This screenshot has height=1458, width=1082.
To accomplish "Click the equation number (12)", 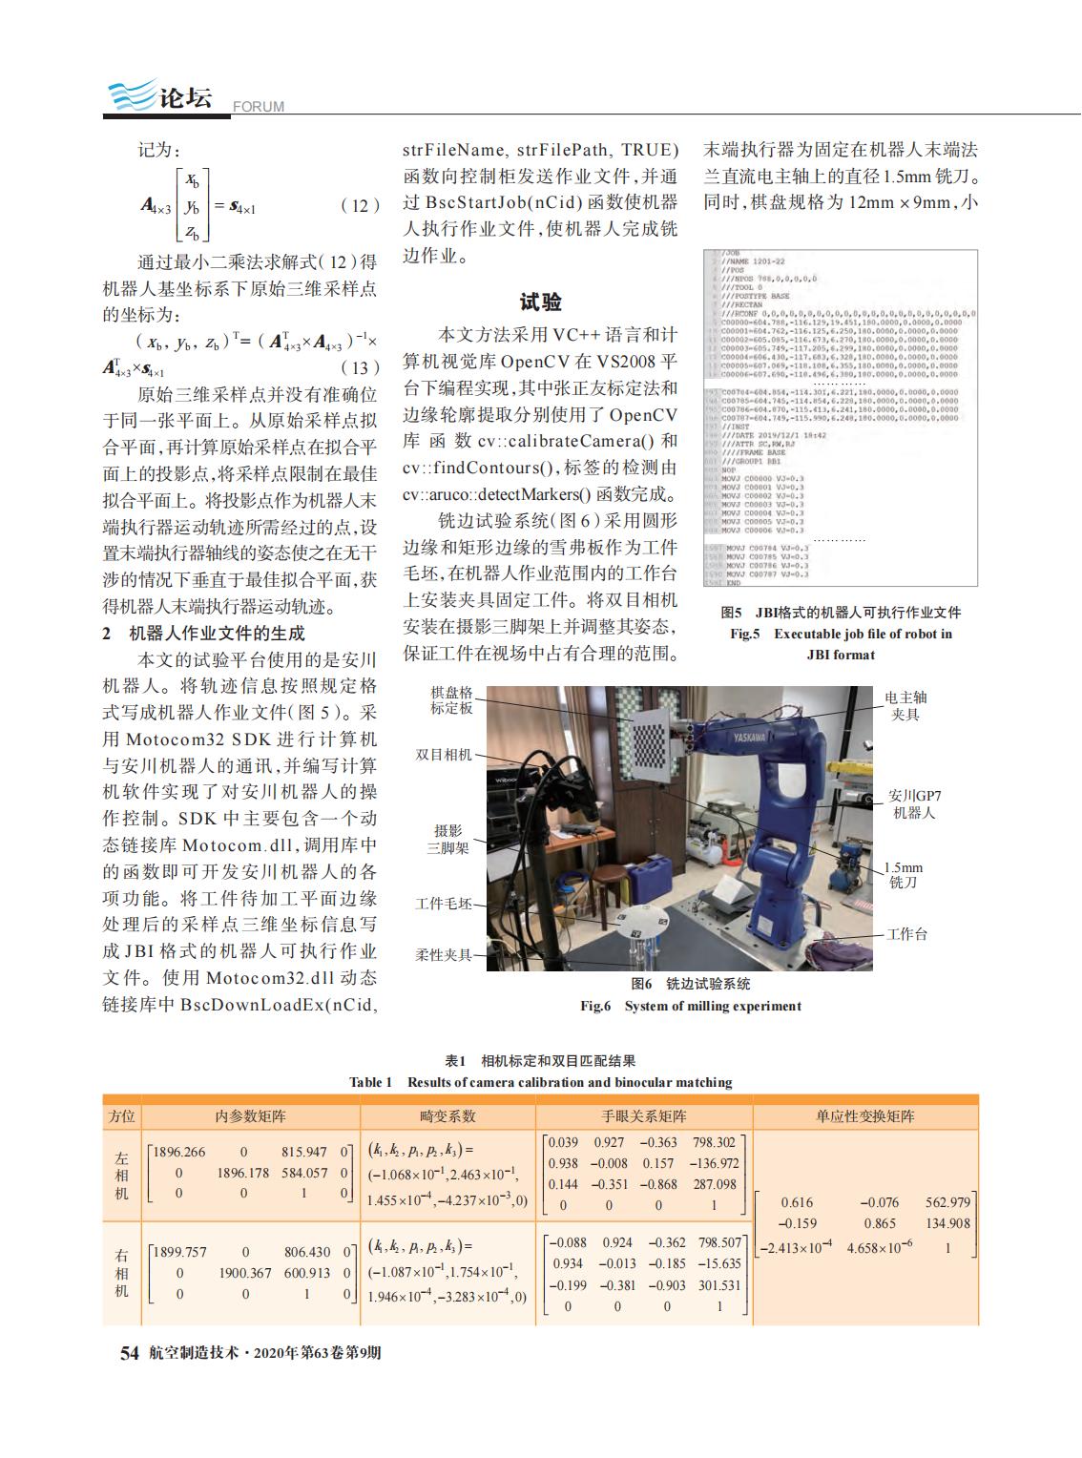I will click(360, 205).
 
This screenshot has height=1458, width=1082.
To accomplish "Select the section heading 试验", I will click(540, 302).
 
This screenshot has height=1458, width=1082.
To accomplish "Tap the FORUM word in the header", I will click(259, 107).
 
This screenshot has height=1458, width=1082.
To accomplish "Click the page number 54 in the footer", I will click(130, 1353).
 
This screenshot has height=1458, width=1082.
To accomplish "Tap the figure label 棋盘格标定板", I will click(450, 699).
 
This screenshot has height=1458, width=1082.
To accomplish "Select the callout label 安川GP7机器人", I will click(914, 803).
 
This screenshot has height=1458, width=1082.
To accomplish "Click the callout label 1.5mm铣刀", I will click(904, 875).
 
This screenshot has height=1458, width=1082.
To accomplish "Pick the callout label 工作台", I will click(906, 934).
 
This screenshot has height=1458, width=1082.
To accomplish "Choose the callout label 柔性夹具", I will click(444, 953).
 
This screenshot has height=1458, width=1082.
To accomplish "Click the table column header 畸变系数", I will click(447, 1115).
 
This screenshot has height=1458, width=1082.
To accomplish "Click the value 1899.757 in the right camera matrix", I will click(180, 1252).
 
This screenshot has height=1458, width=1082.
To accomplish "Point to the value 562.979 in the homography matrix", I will click(947, 1202).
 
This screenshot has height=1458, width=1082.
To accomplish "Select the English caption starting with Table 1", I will click(540, 1082).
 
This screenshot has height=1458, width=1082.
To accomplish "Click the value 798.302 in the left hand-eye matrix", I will click(714, 1142).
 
